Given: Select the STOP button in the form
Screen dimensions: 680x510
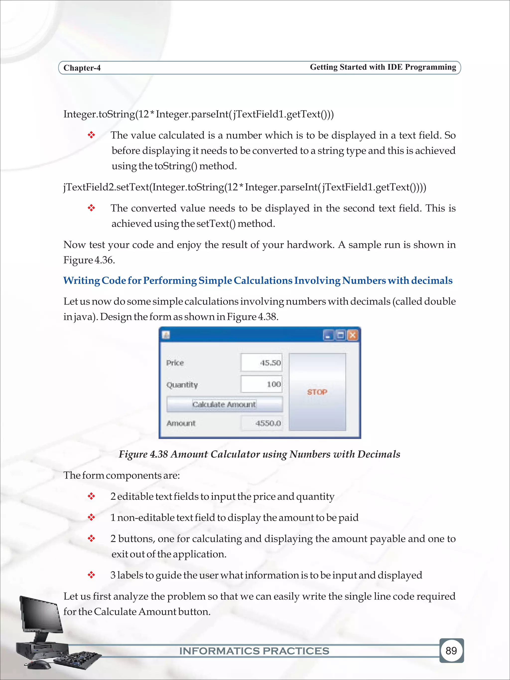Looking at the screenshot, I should [317, 392].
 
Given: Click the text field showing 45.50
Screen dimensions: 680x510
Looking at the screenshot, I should [261, 363].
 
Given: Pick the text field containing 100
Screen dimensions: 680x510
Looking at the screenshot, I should [261, 384].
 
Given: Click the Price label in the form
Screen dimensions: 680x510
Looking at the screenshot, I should [175, 363].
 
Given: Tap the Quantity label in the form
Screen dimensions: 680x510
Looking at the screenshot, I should [182, 385].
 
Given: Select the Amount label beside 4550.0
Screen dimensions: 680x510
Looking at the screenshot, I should [181, 423].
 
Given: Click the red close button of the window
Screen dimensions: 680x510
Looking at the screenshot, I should [353, 335].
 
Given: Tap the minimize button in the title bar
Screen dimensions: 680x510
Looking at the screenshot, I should [328, 335].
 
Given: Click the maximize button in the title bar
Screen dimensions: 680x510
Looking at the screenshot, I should [340, 335].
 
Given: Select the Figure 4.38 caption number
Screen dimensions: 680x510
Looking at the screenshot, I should [159, 454].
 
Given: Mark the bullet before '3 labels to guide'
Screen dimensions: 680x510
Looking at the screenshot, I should [91, 575].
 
